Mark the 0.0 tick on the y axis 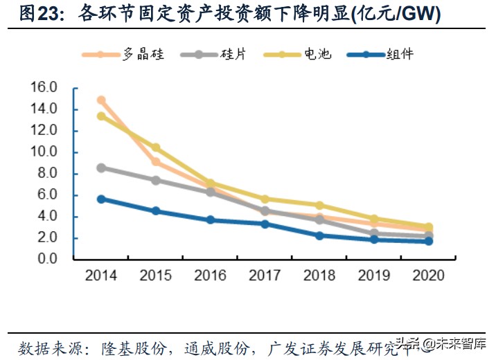46,259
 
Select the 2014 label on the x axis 101,276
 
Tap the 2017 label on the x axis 265,276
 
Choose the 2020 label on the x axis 429,276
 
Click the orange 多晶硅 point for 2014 101,100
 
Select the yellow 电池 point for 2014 101,116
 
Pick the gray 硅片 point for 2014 101,168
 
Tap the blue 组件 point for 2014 101,199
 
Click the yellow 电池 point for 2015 156,147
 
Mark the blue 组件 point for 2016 211,220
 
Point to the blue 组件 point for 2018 319,235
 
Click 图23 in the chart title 37,15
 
